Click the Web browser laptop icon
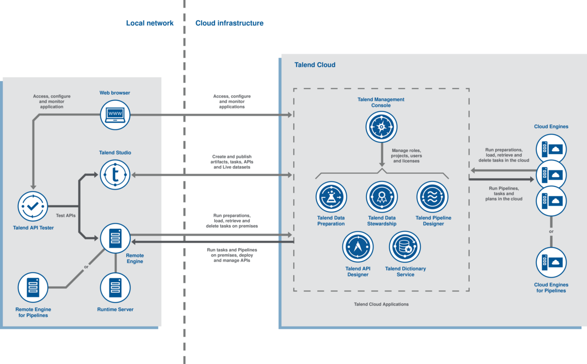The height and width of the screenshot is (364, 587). point(115,115)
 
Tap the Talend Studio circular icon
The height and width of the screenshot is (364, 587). point(115,175)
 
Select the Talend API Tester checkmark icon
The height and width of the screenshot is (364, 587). point(33,206)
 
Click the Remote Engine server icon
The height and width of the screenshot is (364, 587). point(115,238)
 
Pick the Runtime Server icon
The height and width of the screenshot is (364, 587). point(115,288)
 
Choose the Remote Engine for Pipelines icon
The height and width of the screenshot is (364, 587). point(33,288)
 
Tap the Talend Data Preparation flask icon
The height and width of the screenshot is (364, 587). point(331,197)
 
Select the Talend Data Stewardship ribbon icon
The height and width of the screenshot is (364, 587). point(381,197)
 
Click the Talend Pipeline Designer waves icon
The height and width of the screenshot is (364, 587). point(432,197)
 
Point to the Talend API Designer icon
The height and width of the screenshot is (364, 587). point(358,246)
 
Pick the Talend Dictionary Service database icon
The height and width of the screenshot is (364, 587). point(405,246)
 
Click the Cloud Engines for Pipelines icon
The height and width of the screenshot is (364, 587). point(551,263)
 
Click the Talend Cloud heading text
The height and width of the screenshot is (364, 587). point(315,65)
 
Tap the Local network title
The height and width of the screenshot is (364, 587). point(149,23)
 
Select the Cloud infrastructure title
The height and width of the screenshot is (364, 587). point(229,23)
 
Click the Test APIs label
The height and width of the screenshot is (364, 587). point(65,215)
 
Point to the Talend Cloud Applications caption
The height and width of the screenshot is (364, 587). point(381,304)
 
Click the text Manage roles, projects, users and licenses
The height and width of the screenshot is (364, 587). point(406,155)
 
